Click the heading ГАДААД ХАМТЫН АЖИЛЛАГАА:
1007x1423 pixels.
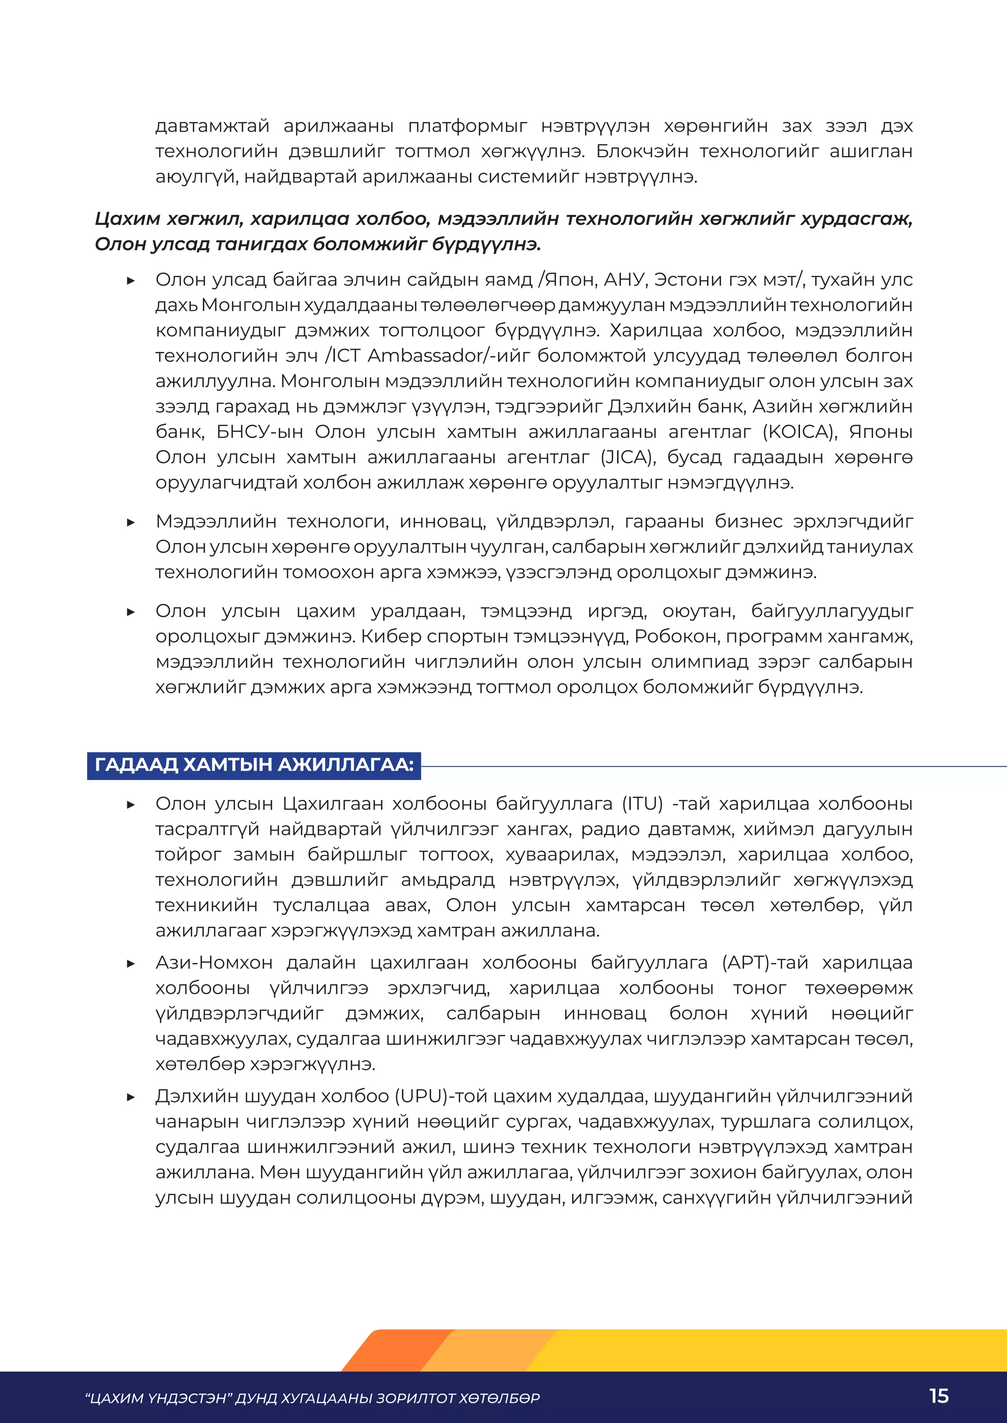click(x=254, y=764)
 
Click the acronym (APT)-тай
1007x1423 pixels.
click(x=765, y=963)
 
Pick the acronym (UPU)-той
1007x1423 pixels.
click(x=441, y=1096)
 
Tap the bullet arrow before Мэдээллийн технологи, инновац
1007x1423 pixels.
click(x=131, y=522)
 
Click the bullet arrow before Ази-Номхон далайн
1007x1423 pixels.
click(x=131, y=964)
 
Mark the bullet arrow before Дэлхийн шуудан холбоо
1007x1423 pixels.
click(x=131, y=1097)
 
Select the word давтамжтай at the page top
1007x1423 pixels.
click(x=212, y=126)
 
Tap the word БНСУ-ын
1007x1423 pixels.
click(x=259, y=431)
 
